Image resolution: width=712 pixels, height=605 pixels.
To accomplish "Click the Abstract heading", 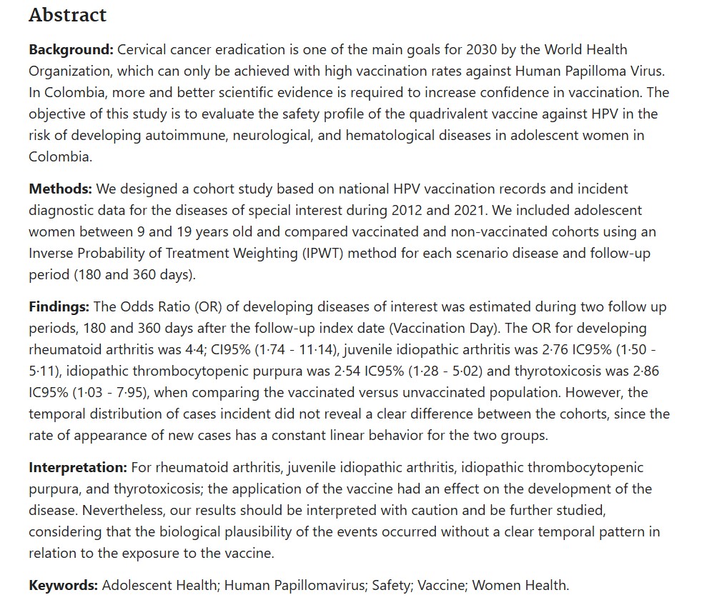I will (x=67, y=15).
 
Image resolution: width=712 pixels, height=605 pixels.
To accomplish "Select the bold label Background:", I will (x=71, y=50).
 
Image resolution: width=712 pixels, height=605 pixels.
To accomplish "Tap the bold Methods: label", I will (x=61, y=189).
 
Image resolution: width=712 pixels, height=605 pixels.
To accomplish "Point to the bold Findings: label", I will (x=59, y=306).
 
